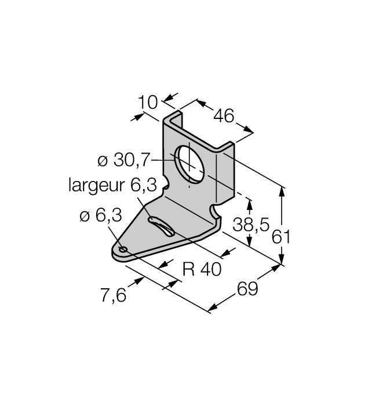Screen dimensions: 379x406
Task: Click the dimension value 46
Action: tap(224, 116)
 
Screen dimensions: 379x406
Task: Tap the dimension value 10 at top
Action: tap(147, 102)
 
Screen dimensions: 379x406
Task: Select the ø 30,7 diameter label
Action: tap(123, 160)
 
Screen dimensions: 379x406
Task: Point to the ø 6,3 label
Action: tap(101, 215)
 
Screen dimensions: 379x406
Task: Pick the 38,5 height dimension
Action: tap(251, 224)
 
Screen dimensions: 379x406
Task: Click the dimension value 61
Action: tap(281, 237)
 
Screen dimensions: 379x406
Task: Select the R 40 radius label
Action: tap(202, 269)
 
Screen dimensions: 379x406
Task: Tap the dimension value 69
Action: tap(247, 289)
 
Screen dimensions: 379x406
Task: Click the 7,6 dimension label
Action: tap(114, 295)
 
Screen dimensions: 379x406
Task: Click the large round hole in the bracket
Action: tap(189, 163)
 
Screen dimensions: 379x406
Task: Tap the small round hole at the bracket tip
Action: tap(123, 249)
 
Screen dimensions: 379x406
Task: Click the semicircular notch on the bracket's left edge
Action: tap(166, 183)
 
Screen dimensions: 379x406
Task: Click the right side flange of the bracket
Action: tap(225, 174)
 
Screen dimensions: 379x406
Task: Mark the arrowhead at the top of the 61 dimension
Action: tap(282, 192)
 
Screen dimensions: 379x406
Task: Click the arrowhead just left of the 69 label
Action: tap(213, 308)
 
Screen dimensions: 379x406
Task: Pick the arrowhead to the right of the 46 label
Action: tap(248, 129)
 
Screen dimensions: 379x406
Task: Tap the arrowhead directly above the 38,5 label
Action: tap(249, 205)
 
